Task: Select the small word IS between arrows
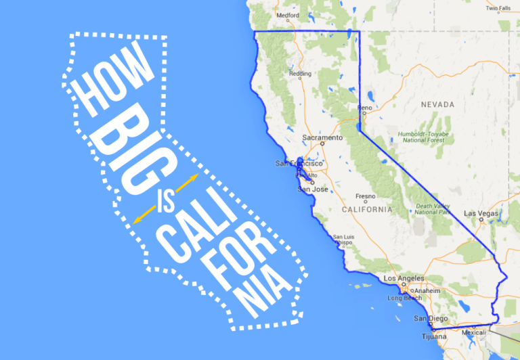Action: [x=165, y=202]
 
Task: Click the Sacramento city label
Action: [x=322, y=137]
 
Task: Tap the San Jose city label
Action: [x=313, y=189]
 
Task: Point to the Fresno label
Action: [x=366, y=196]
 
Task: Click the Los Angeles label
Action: [x=404, y=278]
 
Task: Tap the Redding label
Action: [x=300, y=73]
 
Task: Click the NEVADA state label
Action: [x=437, y=105]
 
